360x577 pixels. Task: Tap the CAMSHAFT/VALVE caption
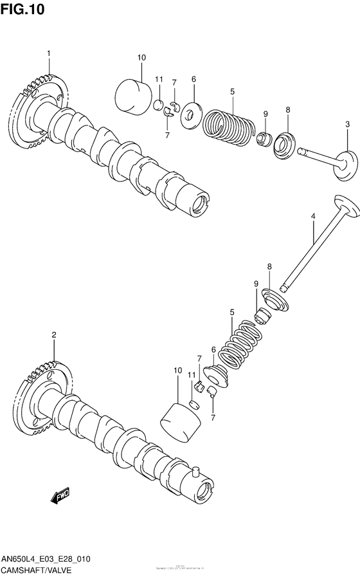36,570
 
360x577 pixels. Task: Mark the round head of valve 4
345,206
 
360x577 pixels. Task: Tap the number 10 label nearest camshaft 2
177,371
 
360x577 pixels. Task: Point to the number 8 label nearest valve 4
269,266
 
